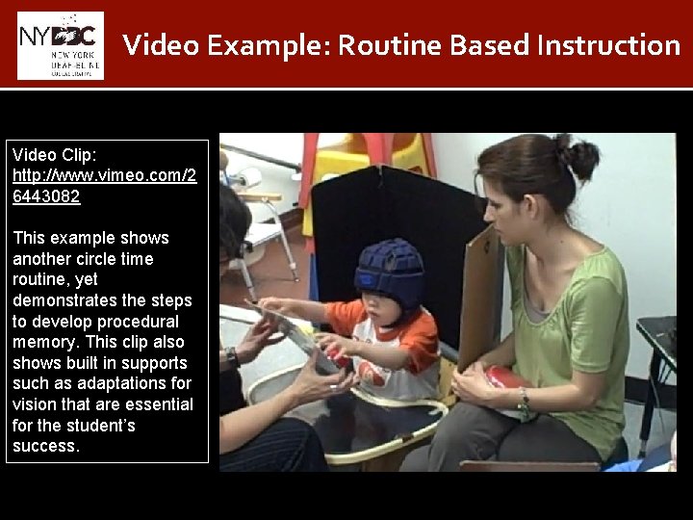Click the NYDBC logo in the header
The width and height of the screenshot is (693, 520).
(x=60, y=45)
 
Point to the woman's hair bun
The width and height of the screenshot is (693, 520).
(x=579, y=158)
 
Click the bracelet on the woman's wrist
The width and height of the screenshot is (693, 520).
(x=524, y=402)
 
